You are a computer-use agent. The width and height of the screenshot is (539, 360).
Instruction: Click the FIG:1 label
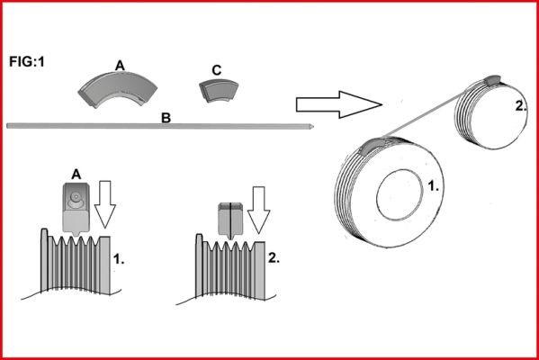click(27, 62)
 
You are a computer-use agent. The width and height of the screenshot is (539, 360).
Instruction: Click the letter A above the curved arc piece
click(120, 66)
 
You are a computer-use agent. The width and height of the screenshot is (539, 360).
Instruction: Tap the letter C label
click(217, 70)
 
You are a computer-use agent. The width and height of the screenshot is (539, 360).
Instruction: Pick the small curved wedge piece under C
click(219, 91)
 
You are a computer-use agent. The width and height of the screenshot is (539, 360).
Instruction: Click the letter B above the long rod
click(166, 118)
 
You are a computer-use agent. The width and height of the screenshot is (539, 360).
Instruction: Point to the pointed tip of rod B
click(313, 127)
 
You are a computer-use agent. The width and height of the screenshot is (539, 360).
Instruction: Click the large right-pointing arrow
click(339, 105)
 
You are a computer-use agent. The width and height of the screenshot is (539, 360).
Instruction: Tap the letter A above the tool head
click(76, 175)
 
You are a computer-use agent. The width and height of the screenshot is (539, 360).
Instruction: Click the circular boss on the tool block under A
click(75, 197)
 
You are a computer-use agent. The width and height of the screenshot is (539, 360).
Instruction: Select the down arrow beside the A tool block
click(105, 204)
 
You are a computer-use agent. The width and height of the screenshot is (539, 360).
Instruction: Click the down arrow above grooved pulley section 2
click(259, 210)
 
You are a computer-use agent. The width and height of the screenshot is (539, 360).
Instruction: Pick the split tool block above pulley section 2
click(230, 220)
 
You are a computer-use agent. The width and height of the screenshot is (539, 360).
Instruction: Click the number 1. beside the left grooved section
click(119, 259)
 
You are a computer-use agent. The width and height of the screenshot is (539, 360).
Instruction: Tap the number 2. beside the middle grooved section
click(274, 258)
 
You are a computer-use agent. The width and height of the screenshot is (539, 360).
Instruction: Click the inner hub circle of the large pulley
click(400, 194)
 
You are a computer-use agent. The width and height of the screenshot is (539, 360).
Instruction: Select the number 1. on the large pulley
click(433, 186)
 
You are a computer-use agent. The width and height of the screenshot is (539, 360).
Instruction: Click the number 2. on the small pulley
click(521, 106)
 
